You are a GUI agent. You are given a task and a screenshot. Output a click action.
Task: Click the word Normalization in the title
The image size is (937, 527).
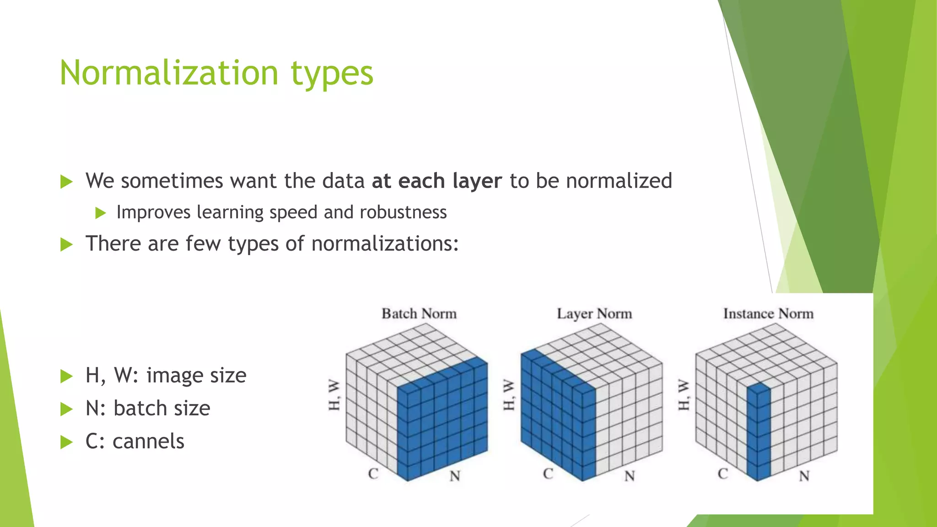click(x=169, y=73)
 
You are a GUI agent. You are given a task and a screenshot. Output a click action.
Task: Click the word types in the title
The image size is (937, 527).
click(x=332, y=73)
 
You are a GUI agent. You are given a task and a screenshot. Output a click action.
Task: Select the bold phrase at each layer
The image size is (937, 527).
click(x=437, y=181)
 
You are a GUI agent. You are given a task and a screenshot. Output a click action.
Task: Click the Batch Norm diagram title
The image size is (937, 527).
click(x=419, y=314)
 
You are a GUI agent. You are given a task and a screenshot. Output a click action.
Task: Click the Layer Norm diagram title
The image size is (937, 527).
click(x=594, y=314)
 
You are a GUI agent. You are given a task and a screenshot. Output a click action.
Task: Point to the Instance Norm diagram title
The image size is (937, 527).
click(x=768, y=314)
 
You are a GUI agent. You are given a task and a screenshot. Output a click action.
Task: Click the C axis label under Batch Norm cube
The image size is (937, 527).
click(x=373, y=474)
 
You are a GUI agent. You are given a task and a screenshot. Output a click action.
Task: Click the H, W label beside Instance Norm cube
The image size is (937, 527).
click(x=684, y=394)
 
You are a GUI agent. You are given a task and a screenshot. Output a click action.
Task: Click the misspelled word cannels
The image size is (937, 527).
click(x=148, y=441)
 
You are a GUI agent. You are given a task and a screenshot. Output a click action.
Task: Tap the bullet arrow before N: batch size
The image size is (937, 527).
click(x=67, y=409)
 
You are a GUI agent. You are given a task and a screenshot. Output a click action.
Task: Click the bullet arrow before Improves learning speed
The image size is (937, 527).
click(x=101, y=213)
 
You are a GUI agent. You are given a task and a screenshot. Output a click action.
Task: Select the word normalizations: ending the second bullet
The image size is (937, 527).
click(x=385, y=243)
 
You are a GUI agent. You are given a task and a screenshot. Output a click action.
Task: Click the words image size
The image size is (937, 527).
click(x=196, y=376)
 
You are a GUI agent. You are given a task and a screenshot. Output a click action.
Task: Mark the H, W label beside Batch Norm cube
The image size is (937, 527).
click(x=334, y=394)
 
